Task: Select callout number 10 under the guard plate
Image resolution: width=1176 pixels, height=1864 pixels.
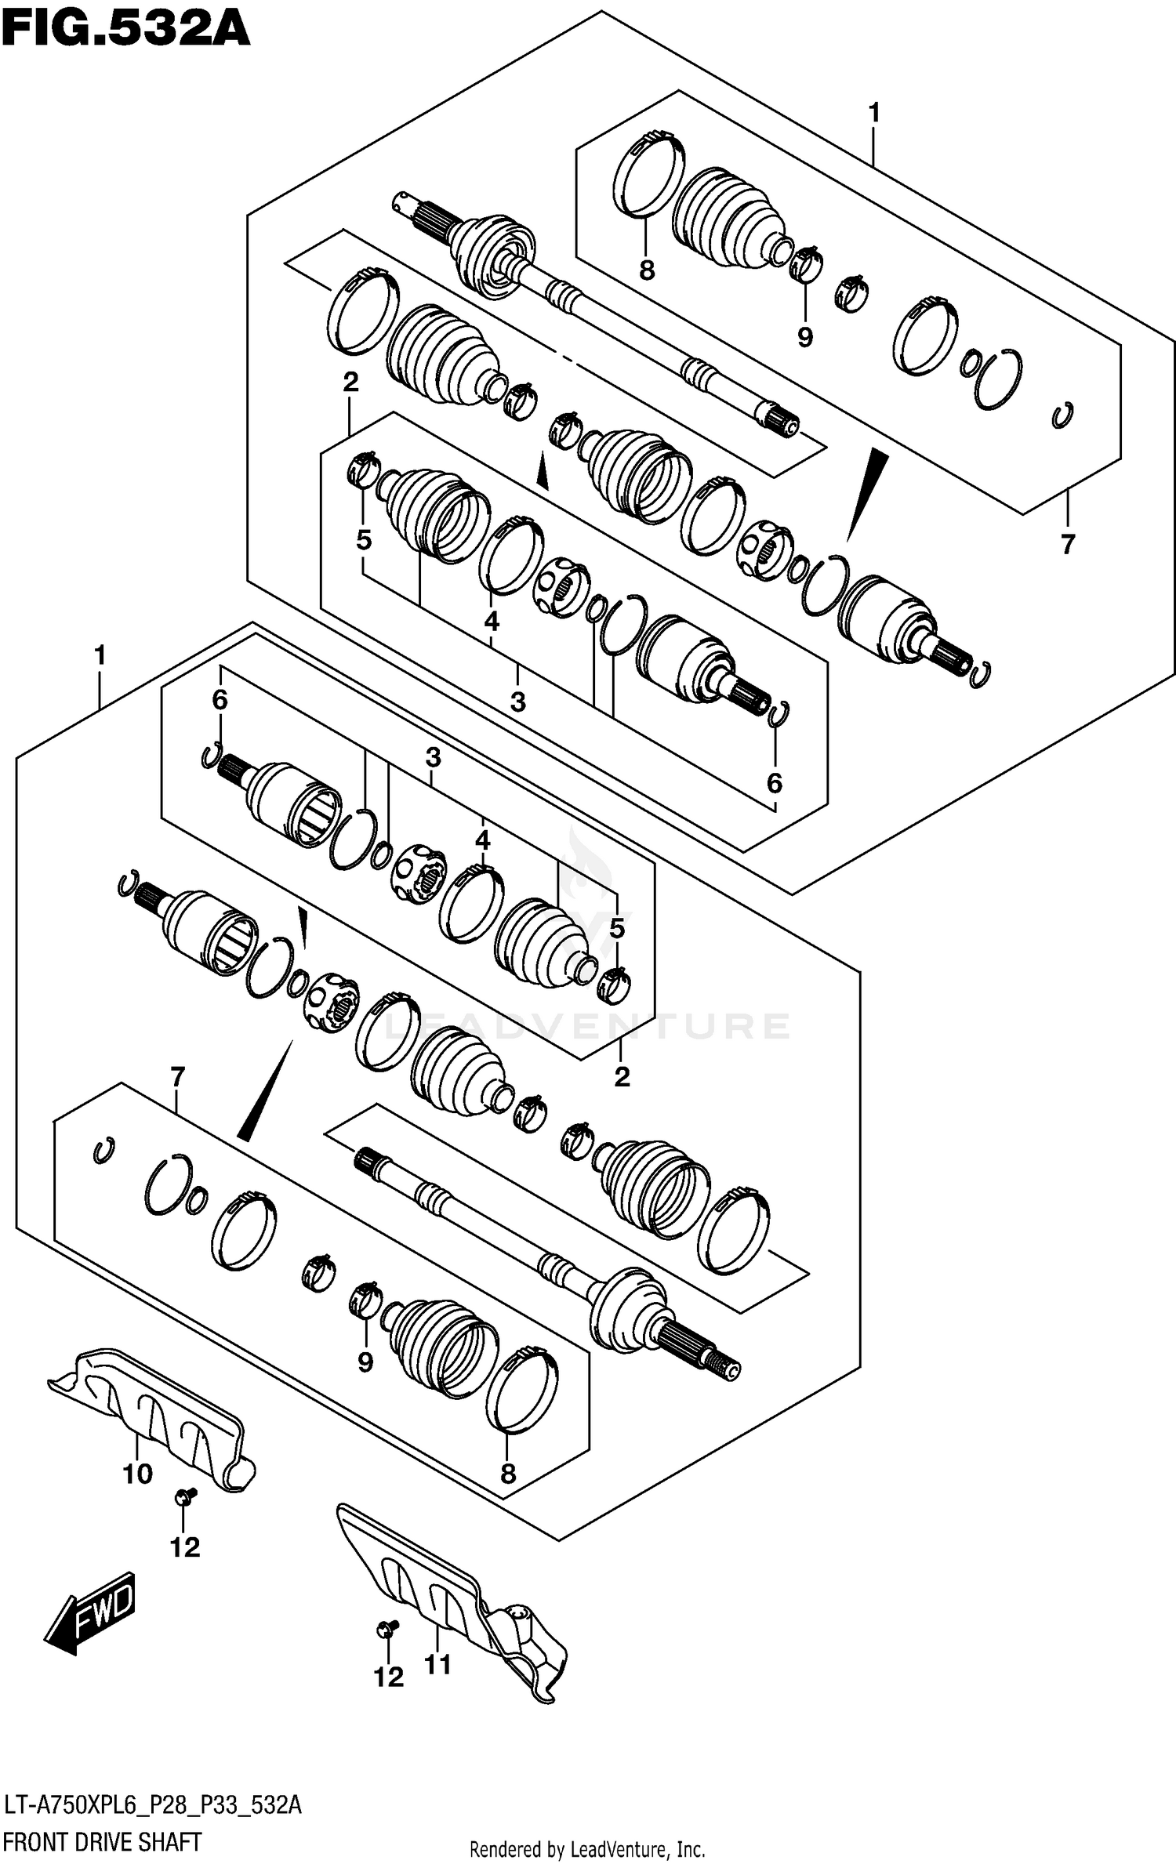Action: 138,1474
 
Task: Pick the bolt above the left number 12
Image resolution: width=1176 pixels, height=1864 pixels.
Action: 186,1497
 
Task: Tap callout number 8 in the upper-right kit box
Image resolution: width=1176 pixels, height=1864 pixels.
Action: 646,270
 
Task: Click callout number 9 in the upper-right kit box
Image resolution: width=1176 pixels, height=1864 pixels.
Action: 805,337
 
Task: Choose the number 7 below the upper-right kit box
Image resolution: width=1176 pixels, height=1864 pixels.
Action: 1067,543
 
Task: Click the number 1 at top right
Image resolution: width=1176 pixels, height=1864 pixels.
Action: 874,114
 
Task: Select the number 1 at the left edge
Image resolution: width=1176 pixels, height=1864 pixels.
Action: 100,655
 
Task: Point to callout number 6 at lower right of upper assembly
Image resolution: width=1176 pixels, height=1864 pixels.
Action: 774,782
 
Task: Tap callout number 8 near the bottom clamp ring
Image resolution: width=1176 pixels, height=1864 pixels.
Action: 508,1474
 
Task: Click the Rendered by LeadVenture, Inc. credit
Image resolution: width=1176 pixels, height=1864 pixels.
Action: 587,1849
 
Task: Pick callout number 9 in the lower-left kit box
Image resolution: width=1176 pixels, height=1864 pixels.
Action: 365,1362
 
